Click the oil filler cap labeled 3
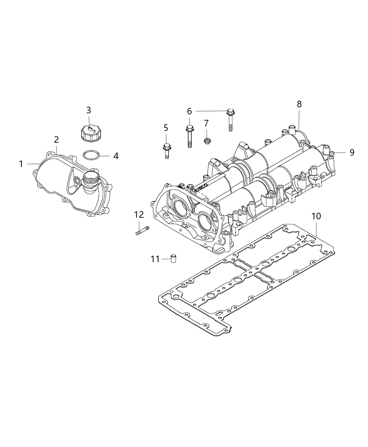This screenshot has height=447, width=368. pyautogui.click(x=89, y=134)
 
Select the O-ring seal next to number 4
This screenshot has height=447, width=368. pyautogui.click(x=91, y=155)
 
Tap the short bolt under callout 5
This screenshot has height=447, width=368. pyautogui.click(x=166, y=150)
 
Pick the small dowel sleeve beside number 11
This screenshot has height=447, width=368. pyautogui.click(x=173, y=259)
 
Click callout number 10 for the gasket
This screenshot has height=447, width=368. pyautogui.click(x=316, y=216)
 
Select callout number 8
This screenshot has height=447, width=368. pyautogui.click(x=299, y=104)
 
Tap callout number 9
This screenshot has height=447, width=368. pyautogui.click(x=352, y=152)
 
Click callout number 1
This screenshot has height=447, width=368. pyautogui.click(x=21, y=164)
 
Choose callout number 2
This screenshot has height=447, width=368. pyautogui.click(x=56, y=139)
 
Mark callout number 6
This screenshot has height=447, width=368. pyautogui.click(x=189, y=111)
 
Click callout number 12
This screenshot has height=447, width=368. pyautogui.click(x=139, y=214)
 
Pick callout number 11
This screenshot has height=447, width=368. pyautogui.click(x=155, y=259)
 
